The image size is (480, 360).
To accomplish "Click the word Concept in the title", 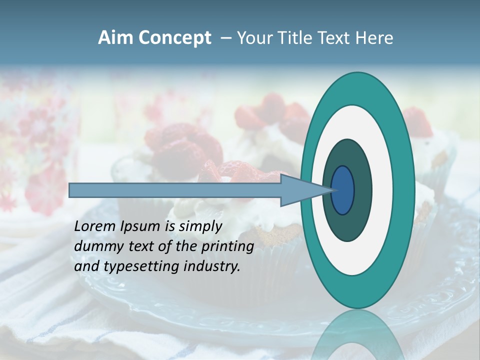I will pyautogui.click(x=174, y=38).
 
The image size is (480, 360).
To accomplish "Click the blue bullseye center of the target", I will pyautogui.click(x=342, y=190).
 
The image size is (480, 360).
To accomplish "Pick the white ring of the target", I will pyautogui.click(x=382, y=190).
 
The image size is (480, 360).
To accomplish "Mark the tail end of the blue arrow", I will pyautogui.click(x=72, y=190).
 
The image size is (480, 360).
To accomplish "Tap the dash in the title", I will pyautogui.click(x=226, y=38).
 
